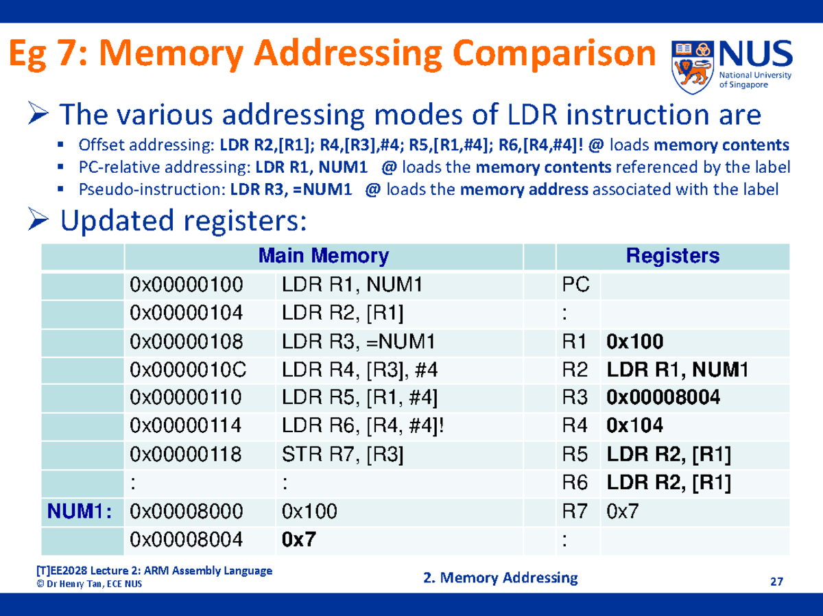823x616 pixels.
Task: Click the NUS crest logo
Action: (693, 66)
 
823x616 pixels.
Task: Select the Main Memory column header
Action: (323, 256)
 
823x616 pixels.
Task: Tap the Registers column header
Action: (672, 256)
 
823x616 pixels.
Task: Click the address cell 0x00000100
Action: (186, 284)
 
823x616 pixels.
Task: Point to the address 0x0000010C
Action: (187, 370)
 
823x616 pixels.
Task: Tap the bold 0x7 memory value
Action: (299, 540)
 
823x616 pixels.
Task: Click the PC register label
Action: (575, 284)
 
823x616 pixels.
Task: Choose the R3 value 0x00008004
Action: (663, 398)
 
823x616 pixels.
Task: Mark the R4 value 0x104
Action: (634, 426)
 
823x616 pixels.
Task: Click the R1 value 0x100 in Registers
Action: (634, 341)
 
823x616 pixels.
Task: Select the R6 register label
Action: (575, 483)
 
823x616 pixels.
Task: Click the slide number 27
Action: (776, 582)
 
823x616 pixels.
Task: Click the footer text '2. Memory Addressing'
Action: (501, 578)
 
